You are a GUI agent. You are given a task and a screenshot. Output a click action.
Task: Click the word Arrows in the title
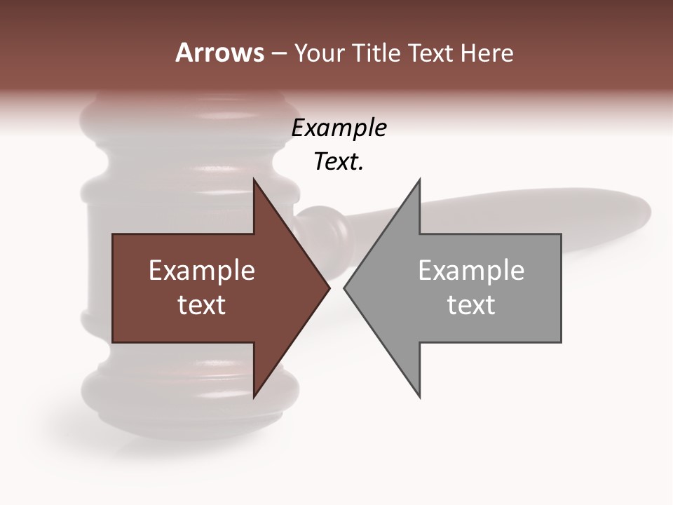219,53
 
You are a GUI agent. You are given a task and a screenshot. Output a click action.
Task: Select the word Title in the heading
376,53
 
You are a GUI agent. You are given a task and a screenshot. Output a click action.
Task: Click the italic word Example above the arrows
339,128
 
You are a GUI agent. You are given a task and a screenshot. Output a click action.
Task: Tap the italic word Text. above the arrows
339,162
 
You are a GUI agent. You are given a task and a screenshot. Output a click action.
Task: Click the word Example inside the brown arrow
202,270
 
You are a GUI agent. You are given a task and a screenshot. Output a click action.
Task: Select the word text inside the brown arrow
202,305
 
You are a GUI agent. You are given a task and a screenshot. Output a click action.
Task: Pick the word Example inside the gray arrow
471,270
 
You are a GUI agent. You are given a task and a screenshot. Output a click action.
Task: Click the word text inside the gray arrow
471,305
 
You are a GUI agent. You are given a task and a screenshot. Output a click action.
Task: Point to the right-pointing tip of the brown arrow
329,288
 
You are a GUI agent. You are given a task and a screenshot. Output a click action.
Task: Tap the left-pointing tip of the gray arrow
344,288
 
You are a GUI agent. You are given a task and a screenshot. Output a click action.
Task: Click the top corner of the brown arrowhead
254,180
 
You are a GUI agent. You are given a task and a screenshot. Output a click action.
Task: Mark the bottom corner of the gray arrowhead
419,397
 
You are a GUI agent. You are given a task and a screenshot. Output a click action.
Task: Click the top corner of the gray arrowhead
419,180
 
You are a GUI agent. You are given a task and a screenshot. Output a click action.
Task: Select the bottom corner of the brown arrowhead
254,397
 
